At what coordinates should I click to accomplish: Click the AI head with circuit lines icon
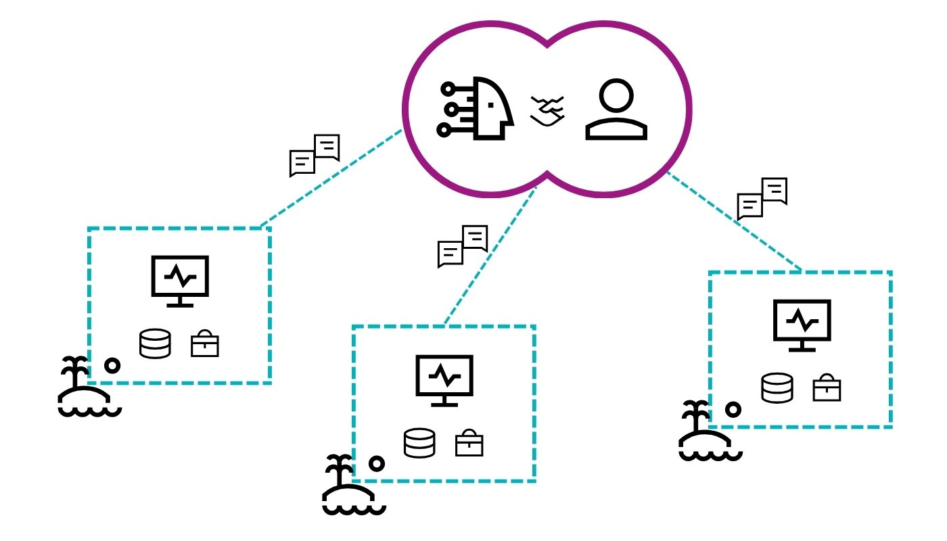click(478, 110)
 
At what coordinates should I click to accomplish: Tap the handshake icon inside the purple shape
click(549, 110)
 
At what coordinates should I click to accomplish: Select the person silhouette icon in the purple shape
click(616, 110)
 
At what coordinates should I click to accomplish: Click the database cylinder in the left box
click(155, 344)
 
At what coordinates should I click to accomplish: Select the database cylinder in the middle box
click(419, 443)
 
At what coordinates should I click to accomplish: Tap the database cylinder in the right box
click(777, 388)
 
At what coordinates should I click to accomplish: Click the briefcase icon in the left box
click(204, 345)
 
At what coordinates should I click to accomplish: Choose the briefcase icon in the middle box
click(469, 444)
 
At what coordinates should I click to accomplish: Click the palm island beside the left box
click(87, 388)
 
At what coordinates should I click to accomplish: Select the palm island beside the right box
click(709, 433)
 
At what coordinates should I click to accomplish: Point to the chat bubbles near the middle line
click(463, 246)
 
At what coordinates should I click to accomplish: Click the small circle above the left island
click(112, 365)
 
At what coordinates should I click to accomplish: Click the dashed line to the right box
click(734, 221)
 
